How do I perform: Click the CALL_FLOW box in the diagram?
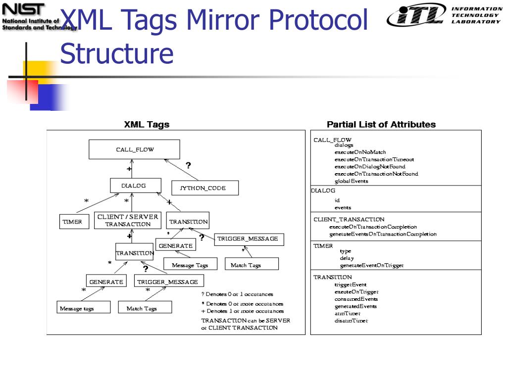[x=134, y=149]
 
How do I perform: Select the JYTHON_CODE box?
[x=205, y=188]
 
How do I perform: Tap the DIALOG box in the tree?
[x=133, y=186]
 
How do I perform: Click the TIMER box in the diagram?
[x=72, y=222]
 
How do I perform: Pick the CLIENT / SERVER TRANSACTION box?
[x=128, y=220]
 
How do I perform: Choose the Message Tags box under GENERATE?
[x=190, y=265]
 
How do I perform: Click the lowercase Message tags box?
[x=77, y=308]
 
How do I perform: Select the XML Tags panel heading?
[x=147, y=125]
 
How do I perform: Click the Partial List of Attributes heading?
[x=381, y=125]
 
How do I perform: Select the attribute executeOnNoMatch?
[x=360, y=152]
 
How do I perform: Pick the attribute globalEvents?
[x=351, y=181]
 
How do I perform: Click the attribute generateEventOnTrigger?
[x=371, y=266]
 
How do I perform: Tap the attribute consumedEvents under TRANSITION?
[x=356, y=299]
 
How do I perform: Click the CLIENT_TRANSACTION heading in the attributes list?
[x=349, y=219]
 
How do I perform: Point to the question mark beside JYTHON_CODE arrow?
[x=188, y=165]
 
